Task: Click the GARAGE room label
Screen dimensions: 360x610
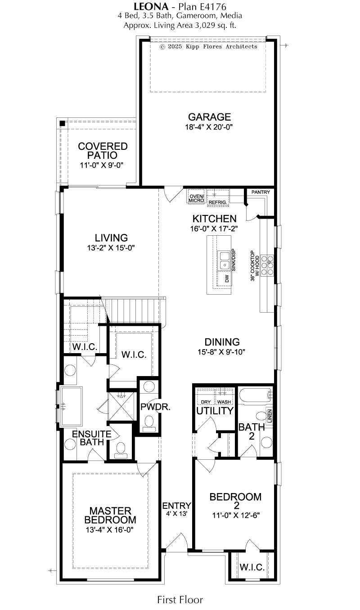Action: click(209, 117)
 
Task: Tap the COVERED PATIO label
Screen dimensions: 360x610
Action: click(103, 151)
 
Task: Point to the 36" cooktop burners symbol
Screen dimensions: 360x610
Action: click(267, 265)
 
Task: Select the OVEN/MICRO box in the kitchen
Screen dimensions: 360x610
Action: click(196, 196)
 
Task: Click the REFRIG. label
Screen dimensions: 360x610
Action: click(218, 202)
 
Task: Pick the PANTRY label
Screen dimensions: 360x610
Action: click(261, 192)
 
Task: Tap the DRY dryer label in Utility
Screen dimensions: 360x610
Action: click(206, 402)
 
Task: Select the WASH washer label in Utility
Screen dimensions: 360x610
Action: click(224, 402)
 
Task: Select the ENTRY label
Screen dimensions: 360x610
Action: click(177, 506)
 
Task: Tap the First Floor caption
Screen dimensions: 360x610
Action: click(180, 599)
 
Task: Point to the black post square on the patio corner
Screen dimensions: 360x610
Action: click(63, 123)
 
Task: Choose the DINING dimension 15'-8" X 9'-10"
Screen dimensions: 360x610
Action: click(221, 352)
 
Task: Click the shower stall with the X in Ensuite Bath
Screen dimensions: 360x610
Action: click(121, 407)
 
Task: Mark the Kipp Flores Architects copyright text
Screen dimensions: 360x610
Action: click(208, 47)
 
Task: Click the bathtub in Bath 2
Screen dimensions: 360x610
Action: click(256, 395)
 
